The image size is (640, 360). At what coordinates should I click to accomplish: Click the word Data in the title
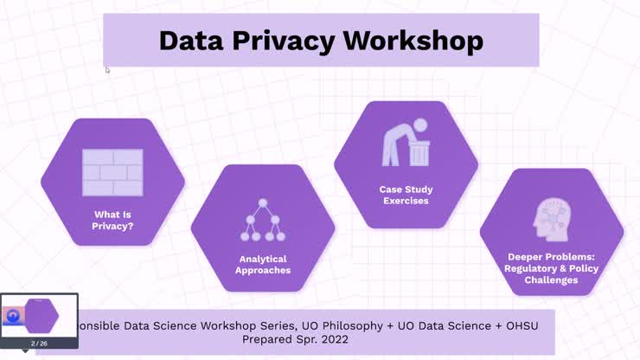188,40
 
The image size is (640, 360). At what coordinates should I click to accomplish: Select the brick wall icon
112,171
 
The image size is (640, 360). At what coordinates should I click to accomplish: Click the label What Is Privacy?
112,221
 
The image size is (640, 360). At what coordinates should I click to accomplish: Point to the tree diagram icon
262,220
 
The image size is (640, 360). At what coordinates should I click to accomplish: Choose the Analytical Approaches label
262,264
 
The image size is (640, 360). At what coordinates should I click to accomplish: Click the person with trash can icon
406,145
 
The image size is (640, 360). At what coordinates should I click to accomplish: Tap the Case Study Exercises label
406,195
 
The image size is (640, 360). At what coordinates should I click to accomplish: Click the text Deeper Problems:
552,257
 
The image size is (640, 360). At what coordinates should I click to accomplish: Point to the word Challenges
552,280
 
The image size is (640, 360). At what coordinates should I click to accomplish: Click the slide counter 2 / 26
39,344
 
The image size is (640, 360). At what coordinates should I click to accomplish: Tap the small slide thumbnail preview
39,316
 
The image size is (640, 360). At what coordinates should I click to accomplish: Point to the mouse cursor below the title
107,70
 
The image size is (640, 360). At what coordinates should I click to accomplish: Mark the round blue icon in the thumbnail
13,316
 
